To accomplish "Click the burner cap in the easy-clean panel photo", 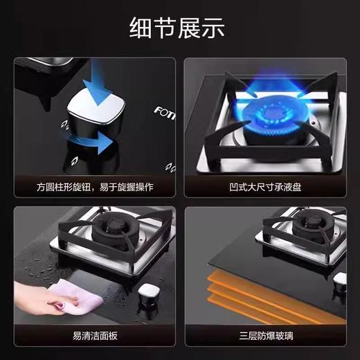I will [x=111, y=228].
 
